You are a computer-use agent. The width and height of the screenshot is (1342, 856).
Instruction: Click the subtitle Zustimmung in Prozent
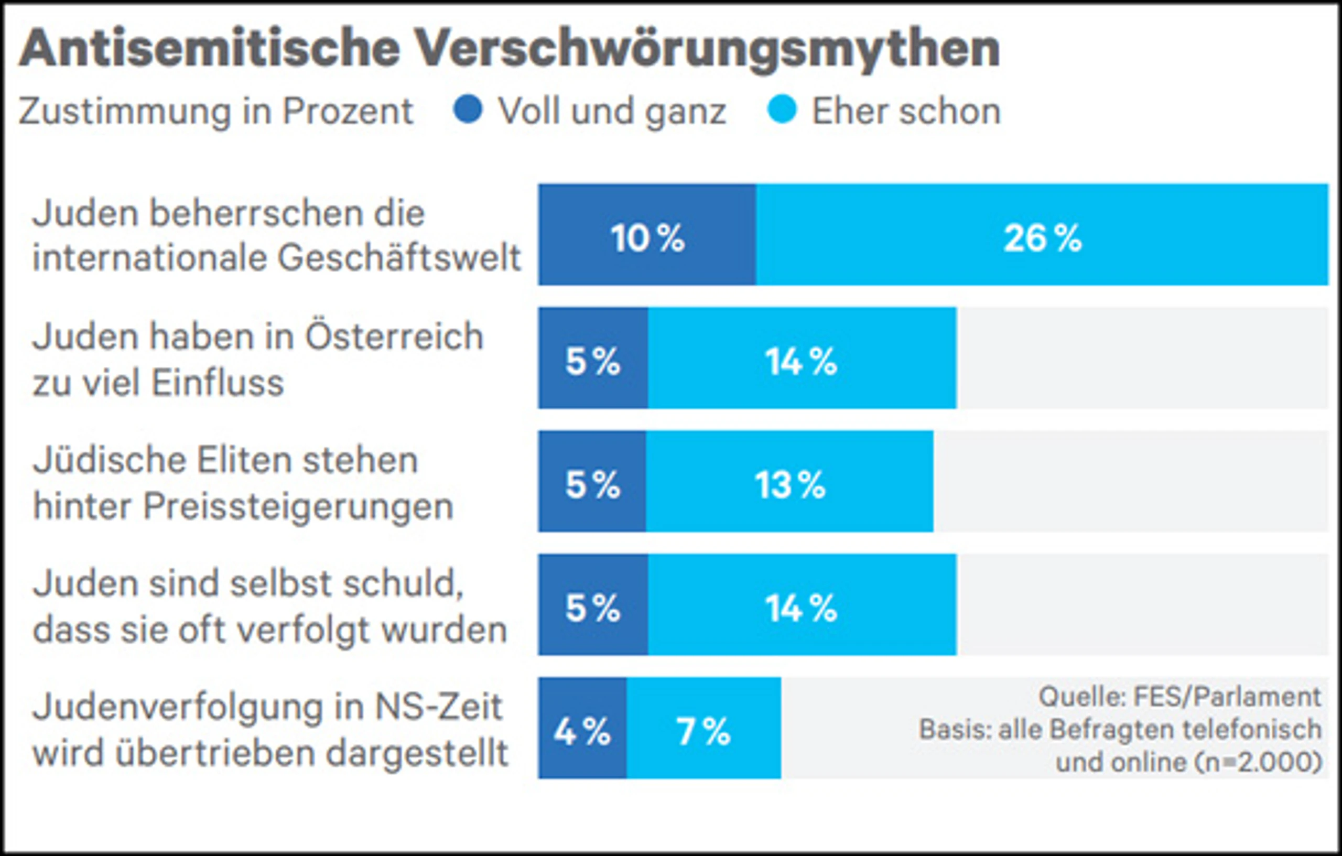click(215, 111)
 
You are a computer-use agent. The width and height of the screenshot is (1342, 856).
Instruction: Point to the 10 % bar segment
click(647, 235)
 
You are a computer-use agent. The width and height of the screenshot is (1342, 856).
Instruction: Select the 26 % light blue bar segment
click(1042, 235)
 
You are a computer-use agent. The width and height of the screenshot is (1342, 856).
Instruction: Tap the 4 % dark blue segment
click(582, 728)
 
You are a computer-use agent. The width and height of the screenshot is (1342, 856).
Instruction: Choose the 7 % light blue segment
click(704, 728)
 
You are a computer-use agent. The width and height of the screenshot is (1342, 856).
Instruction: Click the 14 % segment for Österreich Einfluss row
click(803, 358)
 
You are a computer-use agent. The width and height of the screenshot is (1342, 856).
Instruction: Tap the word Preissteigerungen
click(298, 507)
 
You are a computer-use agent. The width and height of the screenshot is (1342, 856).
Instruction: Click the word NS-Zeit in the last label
click(439, 707)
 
